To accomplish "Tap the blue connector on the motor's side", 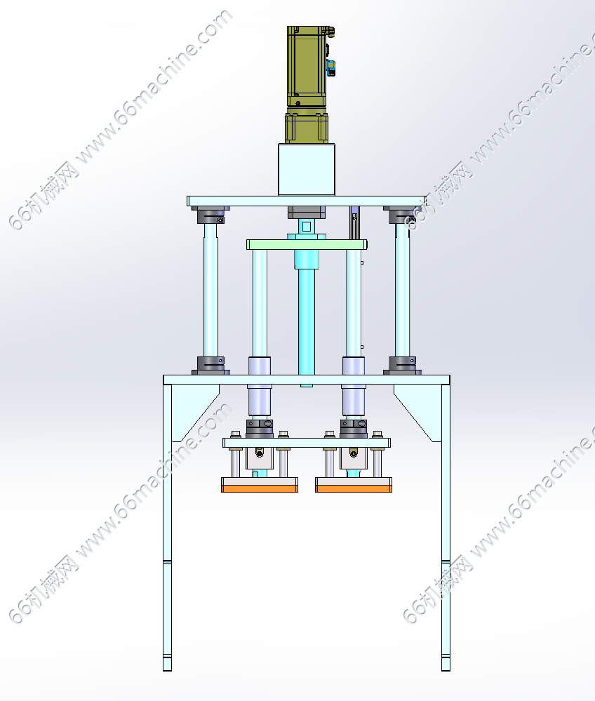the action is (x=331, y=67).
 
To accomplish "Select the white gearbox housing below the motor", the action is (x=307, y=169).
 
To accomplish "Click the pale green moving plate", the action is (x=307, y=245).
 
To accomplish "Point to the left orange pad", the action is (x=260, y=488).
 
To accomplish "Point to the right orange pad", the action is (x=354, y=488).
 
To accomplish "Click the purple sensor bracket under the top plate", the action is (x=354, y=222).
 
